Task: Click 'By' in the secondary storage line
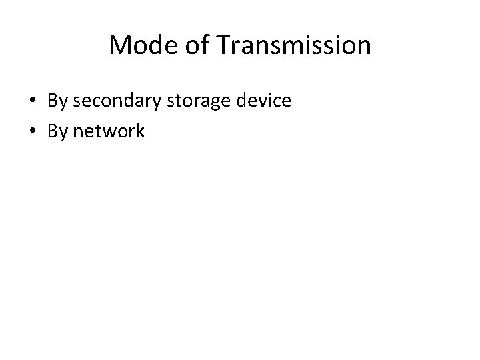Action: coord(57,101)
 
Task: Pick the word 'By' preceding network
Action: coord(57,131)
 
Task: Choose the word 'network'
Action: coord(109,131)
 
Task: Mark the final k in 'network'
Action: coord(140,131)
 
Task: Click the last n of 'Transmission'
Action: coord(364,47)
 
